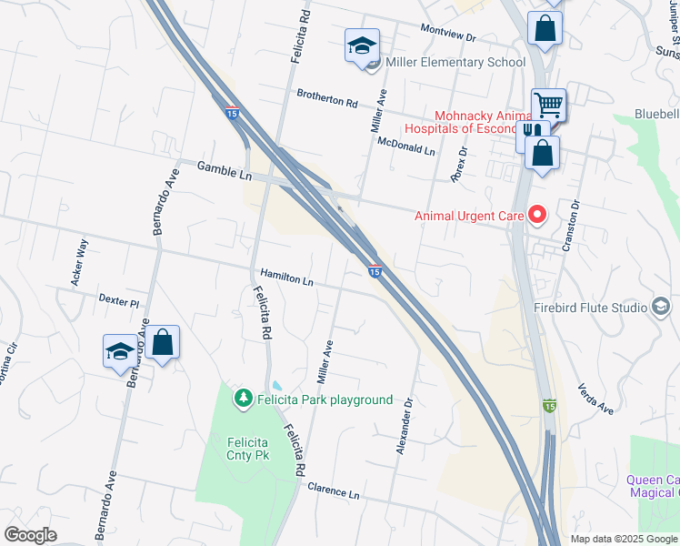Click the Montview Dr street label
click(x=448, y=33)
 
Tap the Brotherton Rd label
click(x=327, y=97)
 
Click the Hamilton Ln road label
click(x=286, y=278)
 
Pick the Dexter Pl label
click(x=117, y=300)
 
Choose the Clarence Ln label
click(x=334, y=490)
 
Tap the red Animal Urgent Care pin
click(x=537, y=216)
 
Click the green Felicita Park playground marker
click(x=243, y=399)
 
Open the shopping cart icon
click(x=548, y=105)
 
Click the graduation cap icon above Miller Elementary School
click(x=362, y=45)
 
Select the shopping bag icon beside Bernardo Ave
click(x=163, y=342)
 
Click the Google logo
click(x=31, y=535)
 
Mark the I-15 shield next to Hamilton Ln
click(x=375, y=270)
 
